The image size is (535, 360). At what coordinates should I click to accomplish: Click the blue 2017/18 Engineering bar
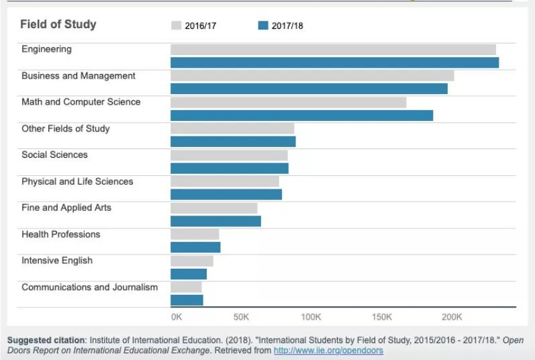(335, 62)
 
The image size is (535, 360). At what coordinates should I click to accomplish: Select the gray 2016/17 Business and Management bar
(312, 76)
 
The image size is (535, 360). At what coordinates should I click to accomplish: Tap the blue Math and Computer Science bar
(301, 116)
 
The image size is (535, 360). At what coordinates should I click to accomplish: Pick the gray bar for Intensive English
(192, 261)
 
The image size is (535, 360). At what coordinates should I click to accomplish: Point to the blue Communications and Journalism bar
(187, 300)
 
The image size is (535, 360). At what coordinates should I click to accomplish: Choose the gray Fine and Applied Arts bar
(214, 208)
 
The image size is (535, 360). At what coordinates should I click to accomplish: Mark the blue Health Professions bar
(195, 247)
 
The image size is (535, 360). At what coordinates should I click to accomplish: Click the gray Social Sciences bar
(229, 155)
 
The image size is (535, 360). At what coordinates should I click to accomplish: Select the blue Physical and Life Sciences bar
(226, 195)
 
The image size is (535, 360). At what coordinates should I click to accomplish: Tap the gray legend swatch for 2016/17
(176, 26)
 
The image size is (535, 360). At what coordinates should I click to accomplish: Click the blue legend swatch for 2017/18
(263, 26)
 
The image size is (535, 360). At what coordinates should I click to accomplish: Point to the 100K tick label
(311, 317)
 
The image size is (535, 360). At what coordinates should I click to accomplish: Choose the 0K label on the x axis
(177, 317)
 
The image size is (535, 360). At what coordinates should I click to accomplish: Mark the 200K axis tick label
(452, 317)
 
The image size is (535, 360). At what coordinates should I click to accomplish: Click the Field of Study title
(58, 24)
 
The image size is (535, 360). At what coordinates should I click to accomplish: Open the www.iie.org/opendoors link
(328, 351)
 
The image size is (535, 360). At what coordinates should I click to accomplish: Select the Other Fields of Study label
(66, 129)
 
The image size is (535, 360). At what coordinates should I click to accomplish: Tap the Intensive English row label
(57, 261)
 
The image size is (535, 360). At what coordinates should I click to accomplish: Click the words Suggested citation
(46, 341)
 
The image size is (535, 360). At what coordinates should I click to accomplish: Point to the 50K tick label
(241, 317)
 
